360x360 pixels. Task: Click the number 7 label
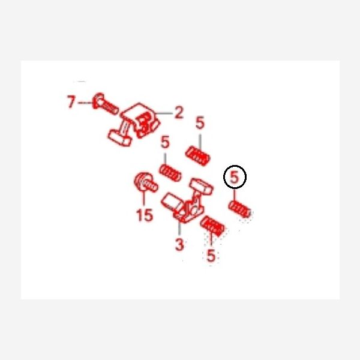coord(71,102)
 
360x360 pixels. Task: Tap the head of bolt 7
coord(98,100)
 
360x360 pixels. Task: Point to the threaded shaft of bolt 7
coord(110,107)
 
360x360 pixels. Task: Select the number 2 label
coord(179,112)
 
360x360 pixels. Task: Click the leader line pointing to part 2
coord(164,113)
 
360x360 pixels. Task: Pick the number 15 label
coord(145,215)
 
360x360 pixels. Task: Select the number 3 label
coord(179,244)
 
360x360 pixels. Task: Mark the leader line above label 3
coord(179,228)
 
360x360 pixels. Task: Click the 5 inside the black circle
coord(235,177)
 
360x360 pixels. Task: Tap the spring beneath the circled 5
coord(239,209)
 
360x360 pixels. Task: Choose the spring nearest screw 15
coord(170,173)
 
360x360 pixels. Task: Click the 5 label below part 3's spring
coord(211,255)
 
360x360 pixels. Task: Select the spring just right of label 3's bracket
coord(212,226)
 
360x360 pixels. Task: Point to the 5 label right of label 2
coord(200,122)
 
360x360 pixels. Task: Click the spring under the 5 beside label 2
coord(197,156)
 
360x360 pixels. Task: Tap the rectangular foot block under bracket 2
coord(119,138)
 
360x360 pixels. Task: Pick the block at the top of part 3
coord(201,185)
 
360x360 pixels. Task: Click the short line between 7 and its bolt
coord(85,103)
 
